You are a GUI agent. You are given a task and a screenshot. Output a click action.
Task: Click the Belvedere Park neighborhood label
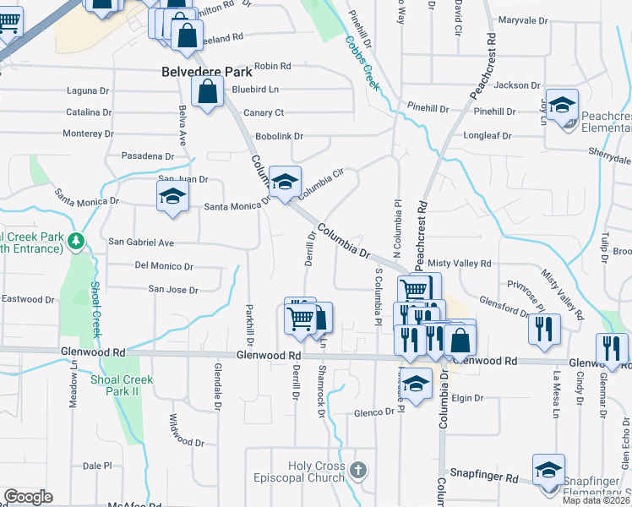pos(202,72)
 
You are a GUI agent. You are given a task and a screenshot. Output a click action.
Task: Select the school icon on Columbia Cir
pos(286,182)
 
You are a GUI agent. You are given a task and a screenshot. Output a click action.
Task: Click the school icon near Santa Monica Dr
pos(172,198)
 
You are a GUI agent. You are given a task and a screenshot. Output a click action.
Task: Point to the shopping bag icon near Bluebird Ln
pos(207,93)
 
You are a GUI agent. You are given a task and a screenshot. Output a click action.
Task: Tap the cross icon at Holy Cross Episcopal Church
pos(358,469)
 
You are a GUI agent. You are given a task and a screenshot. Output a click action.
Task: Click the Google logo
pos(28,497)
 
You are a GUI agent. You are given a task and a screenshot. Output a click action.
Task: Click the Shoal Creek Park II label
pos(123,386)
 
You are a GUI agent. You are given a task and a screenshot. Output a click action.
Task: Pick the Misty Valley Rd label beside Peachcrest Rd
pos(460,264)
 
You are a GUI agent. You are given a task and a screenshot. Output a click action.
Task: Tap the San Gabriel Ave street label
pos(141,243)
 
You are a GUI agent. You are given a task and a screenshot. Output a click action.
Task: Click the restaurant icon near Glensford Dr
pos(544,328)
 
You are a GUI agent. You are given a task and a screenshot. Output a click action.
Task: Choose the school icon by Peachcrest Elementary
pos(562,106)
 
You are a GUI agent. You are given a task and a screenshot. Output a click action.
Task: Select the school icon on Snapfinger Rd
pos(548,471)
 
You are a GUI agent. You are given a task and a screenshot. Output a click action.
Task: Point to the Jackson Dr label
pos(516,85)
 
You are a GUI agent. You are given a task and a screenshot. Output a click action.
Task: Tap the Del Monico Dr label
pos(164,266)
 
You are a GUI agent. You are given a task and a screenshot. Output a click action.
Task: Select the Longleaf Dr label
pos(489,134)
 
